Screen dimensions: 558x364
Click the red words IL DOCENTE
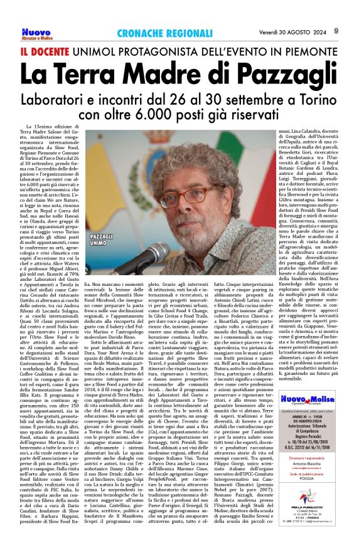click(x=46, y=50)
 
